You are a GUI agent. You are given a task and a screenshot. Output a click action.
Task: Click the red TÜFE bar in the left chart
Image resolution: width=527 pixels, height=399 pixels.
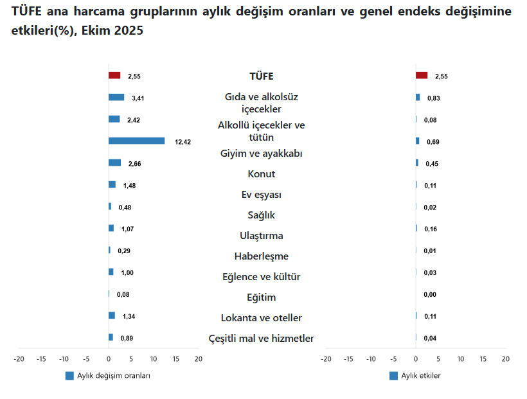(114, 76)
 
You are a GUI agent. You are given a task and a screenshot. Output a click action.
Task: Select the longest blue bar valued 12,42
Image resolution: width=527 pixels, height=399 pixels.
(136, 141)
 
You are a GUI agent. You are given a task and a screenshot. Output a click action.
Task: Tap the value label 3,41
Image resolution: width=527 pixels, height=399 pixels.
(138, 98)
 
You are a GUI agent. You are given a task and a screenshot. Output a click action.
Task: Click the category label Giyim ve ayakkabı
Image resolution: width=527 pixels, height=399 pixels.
(261, 154)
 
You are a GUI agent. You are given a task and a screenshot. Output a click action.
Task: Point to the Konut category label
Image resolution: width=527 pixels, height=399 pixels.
(261, 174)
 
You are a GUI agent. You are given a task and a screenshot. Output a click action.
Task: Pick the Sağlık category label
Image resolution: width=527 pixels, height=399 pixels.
(261, 215)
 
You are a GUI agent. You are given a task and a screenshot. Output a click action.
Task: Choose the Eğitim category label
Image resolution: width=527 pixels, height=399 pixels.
(261, 297)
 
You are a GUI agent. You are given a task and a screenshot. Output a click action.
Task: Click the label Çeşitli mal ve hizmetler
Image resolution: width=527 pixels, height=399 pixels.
(261, 339)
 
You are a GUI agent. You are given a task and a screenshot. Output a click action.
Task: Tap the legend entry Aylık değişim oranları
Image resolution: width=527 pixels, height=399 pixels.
(113, 376)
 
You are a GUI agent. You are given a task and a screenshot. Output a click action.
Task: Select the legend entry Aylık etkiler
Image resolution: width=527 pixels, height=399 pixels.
(420, 376)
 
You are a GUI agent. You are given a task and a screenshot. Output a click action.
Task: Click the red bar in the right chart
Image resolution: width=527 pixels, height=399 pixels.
(422, 76)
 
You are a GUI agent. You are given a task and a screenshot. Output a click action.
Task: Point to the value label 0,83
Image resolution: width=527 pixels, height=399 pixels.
(433, 98)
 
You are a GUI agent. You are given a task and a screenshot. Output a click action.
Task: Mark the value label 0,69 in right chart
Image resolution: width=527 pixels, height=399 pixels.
(433, 141)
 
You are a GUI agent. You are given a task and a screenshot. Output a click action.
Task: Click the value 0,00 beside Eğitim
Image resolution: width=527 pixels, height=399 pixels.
(430, 295)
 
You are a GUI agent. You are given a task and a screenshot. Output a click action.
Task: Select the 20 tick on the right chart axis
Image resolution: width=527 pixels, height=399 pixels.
(505, 359)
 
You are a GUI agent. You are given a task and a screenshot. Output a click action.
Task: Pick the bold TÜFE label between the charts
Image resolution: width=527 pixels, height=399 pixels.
(261, 76)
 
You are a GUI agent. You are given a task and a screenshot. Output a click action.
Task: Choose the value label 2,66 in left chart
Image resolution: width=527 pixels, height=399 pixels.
(134, 164)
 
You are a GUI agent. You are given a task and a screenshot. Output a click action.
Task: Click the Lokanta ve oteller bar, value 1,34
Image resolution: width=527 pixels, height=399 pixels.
(112, 315)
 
